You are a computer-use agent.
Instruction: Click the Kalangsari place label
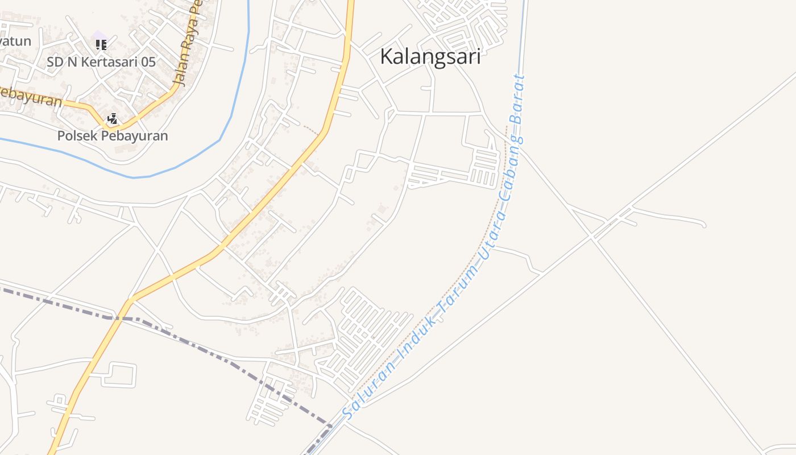430,57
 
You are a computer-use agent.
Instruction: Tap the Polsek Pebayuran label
113,136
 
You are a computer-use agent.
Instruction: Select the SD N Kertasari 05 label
101,62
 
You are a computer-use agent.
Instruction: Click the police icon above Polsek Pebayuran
113,119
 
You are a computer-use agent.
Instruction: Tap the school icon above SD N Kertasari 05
101,44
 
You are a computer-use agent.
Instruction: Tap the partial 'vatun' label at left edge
15,41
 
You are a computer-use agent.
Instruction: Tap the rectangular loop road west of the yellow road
119,374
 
